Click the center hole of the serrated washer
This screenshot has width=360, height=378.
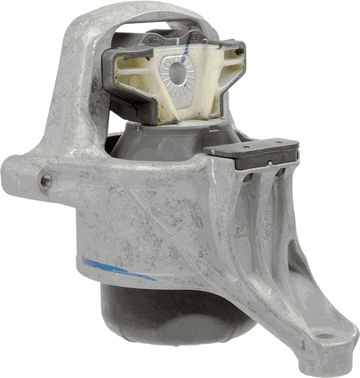click(178, 73)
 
